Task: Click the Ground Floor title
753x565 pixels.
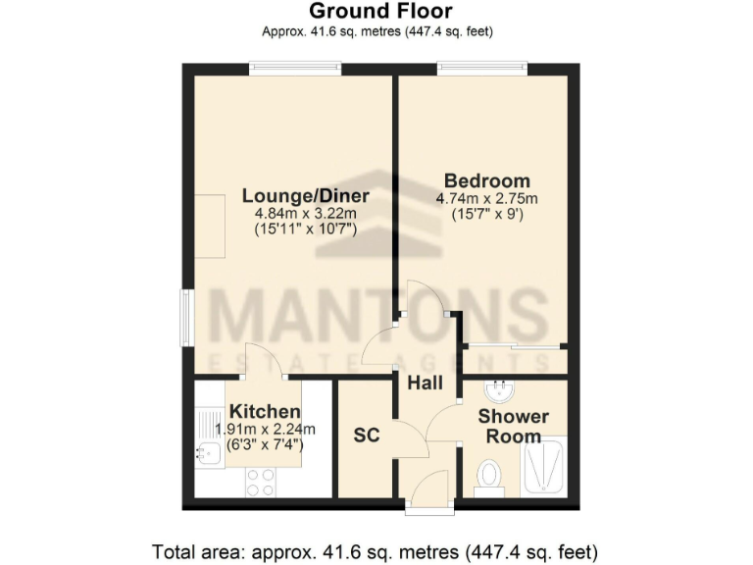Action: click(x=380, y=12)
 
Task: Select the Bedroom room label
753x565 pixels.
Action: click(x=487, y=181)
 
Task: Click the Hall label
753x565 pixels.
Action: click(x=426, y=383)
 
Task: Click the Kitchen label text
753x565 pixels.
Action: click(x=264, y=411)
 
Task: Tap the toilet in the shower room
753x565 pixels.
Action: click(x=489, y=475)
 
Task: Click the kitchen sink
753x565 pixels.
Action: click(x=208, y=452)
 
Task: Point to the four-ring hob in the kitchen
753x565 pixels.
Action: click(x=260, y=482)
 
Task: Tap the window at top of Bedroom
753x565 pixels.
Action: click(x=482, y=68)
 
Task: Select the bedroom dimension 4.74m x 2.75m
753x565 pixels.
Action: click(x=487, y=199)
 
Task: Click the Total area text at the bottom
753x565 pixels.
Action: click(x=375, y=549)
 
